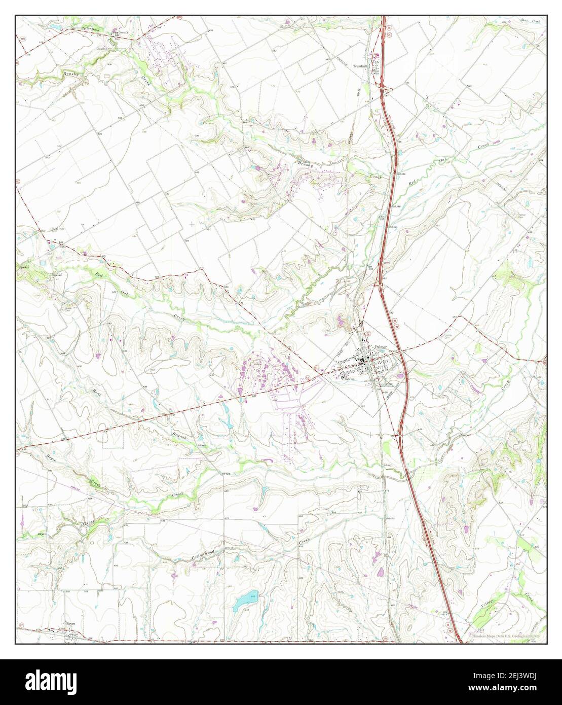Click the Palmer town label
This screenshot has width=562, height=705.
381,347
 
